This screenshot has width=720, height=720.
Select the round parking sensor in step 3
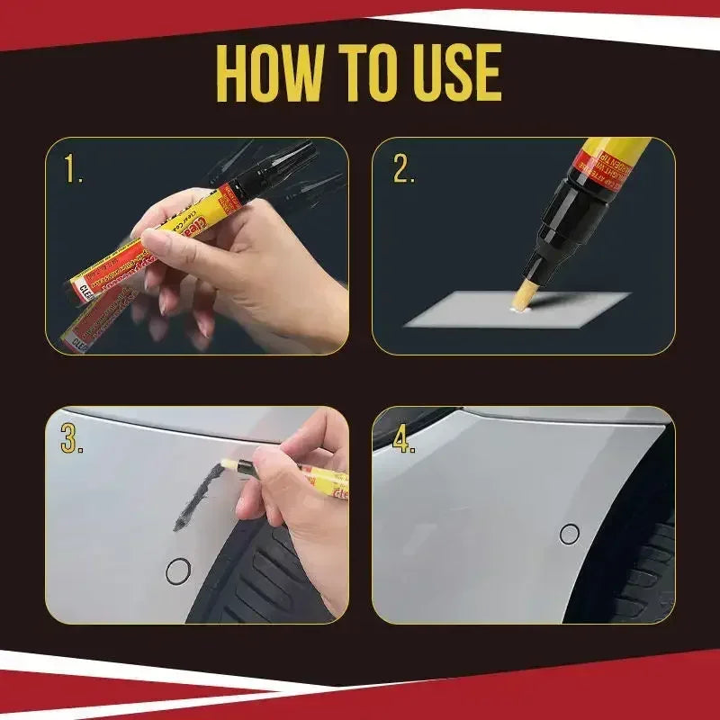[x=179, y=569]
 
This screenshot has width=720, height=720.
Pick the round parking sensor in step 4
[x=569, y=534]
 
